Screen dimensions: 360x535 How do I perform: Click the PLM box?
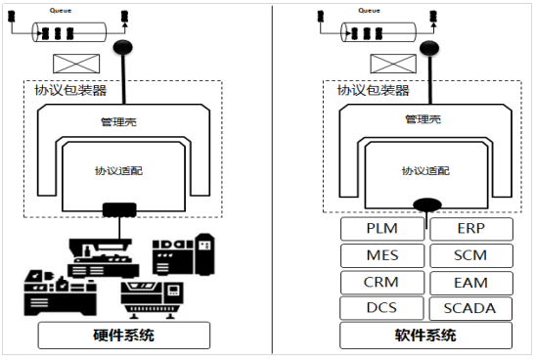coord(382,229)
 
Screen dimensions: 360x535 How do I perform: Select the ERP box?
coord(469,229)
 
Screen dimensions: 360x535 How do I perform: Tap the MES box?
coord(382,255)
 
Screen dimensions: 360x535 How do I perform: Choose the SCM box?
coord(469,255)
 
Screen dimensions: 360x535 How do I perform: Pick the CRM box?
coord(382,282)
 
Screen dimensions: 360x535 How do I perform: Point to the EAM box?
coord(469,283)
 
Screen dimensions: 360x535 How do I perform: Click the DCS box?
coord(382,308)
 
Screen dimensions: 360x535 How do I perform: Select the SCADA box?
coord(469,308)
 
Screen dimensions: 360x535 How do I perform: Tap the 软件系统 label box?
coord(426,337)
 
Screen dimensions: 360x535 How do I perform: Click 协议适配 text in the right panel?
coord(424,169)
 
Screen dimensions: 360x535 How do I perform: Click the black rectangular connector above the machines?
coord(120,207)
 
